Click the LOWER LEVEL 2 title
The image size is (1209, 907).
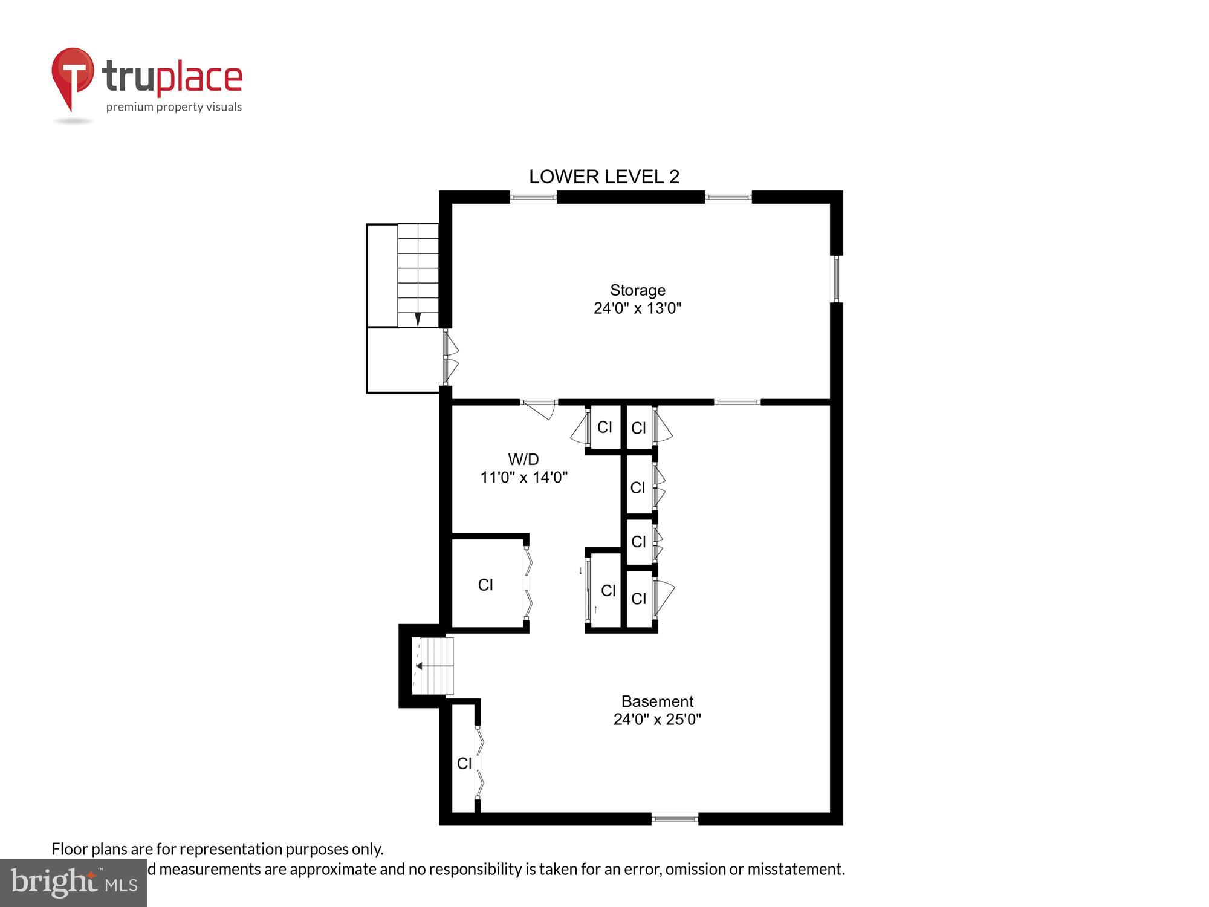click(x=604, y=177)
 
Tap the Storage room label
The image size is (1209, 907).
click(x=637, y=290)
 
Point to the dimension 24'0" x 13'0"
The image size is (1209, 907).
click(x=637, y=308)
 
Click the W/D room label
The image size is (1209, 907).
click(x=523, y=459)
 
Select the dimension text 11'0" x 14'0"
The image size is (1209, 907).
click(x=523, y=477)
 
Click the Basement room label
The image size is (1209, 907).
click(x=657, y=701)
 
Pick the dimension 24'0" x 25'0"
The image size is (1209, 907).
click(x=657, y=719)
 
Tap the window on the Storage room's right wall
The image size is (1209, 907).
click(x=837, y=279)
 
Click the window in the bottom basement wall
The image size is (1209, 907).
click(x=675, y=819)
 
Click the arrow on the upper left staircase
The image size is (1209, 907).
click(x=417, y=319)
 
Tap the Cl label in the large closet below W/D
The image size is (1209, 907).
click(x=485, y=585)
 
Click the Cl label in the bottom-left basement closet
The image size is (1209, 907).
click(x=464, y=764)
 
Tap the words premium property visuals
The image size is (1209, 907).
click(x=174, y=108)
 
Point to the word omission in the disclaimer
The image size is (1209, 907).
click(x=696, y=869)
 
